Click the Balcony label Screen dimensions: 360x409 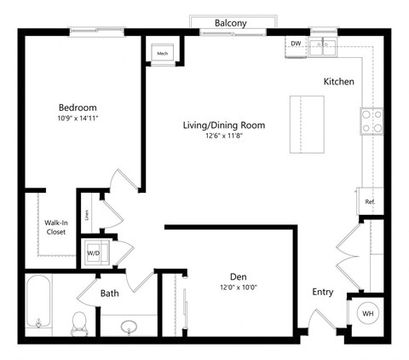pos(230,23)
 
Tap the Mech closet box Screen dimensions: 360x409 pos(163,54)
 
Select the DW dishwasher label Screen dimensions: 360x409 pos(296,43)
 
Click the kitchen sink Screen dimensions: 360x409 pos(324,45)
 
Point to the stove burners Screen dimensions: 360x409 pos(371,120)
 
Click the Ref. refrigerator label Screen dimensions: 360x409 pos(370,202)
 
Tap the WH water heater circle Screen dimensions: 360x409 pos(368,313)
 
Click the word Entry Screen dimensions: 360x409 pos(322,292)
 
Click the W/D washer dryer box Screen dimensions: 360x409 pos(93,253)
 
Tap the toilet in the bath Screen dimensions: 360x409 pos(79,322)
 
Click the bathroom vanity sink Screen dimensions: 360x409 pos(129,326)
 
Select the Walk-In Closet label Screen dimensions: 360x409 pos(55,227)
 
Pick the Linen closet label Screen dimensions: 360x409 pos(86,214)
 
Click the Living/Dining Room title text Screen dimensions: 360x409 pos(224,125)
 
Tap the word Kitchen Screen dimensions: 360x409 pos(338,82)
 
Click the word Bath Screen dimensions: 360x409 pos(110,293)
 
